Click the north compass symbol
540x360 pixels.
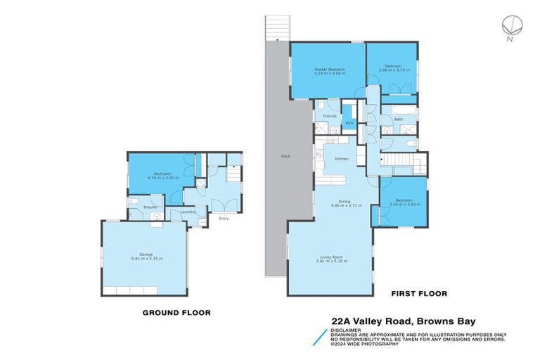click(510, 26)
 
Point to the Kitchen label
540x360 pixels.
click(342, 159)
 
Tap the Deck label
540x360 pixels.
click(285, 156)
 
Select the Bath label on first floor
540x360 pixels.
click(399, 120)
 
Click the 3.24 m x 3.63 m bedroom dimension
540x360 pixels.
click(404, 205)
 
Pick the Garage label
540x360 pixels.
click(146, 255)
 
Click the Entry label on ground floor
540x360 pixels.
click(224, 219)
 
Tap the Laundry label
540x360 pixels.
click(188, 212)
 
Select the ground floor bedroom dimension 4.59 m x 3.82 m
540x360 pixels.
click(159, 178)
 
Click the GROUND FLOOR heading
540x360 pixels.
click(176, 312)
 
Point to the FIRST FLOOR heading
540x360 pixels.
click(419, 293)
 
